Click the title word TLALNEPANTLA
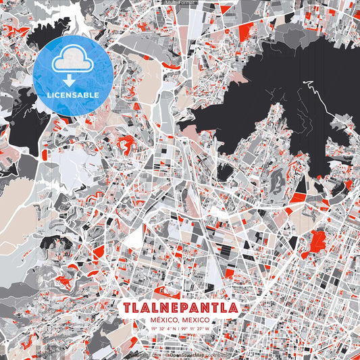(180, 307)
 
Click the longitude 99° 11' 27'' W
(202, 329)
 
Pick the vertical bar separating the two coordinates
(179, 329)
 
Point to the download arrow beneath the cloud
(70, 80)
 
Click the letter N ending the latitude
(174, 329)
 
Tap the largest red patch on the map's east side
(314, 243)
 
